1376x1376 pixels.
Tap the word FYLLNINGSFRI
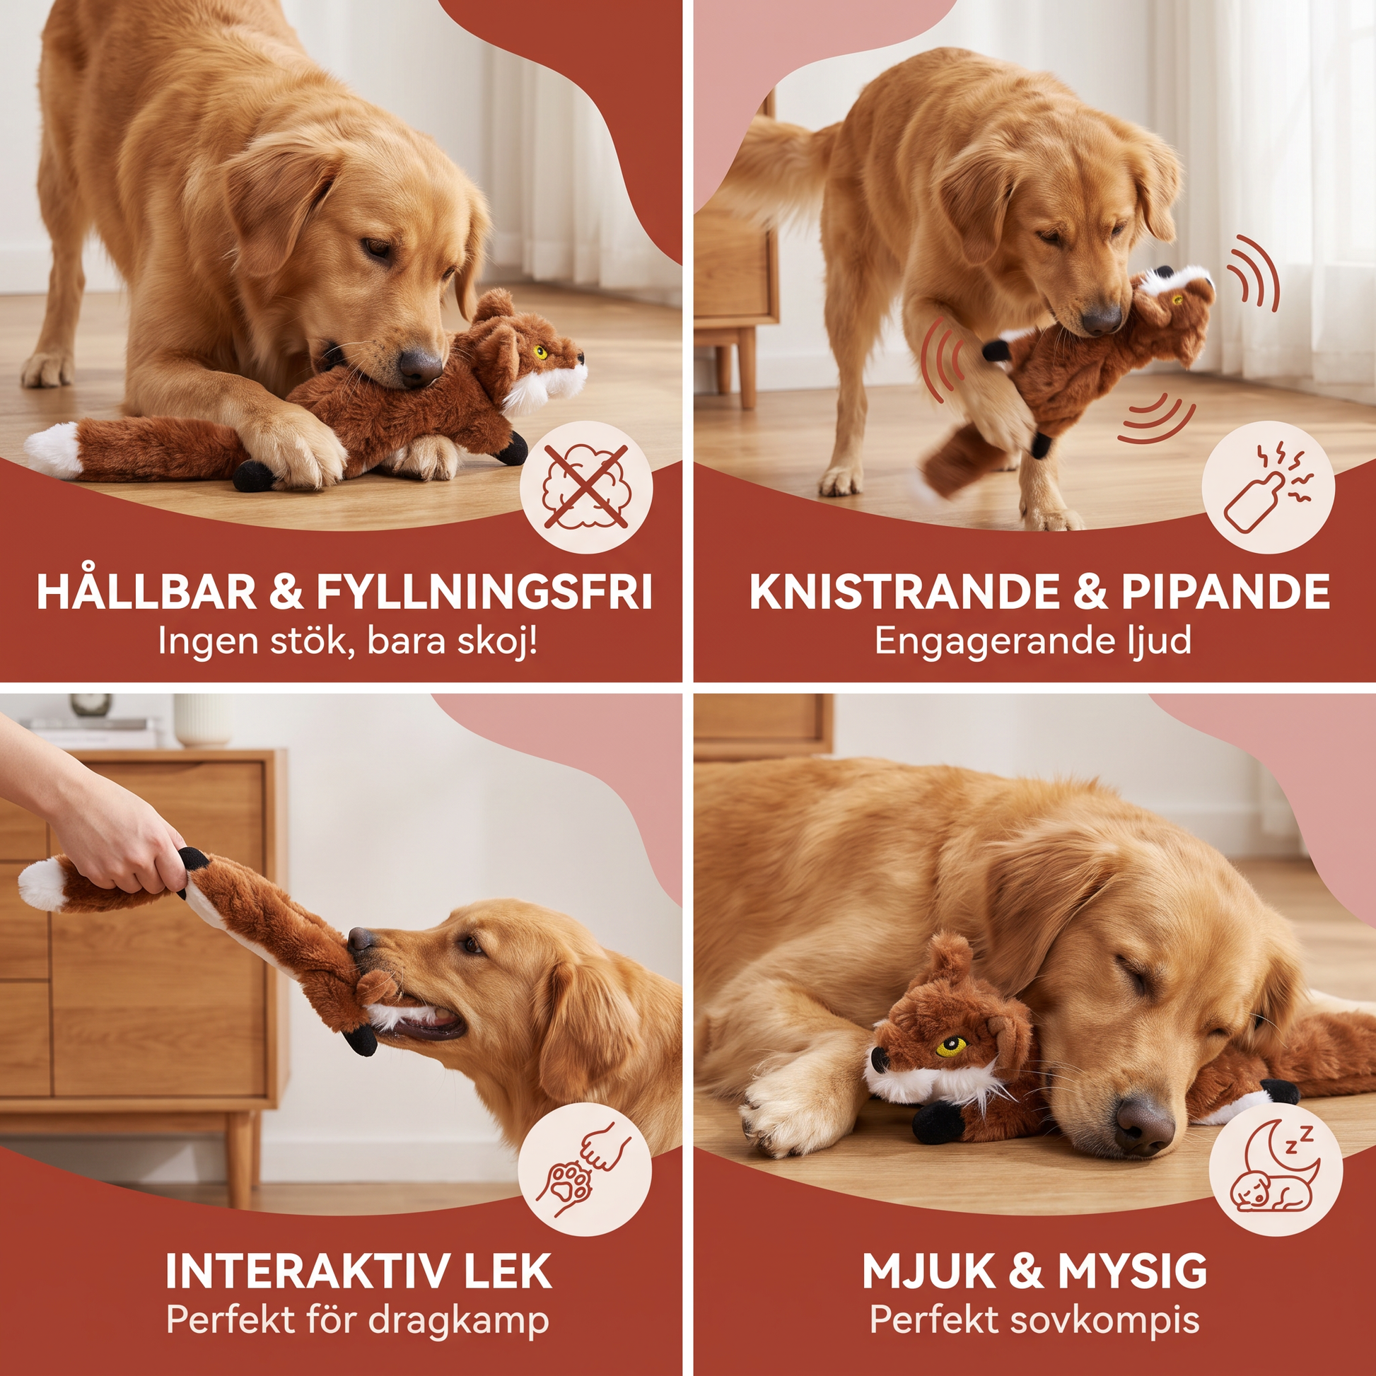pos(484,592)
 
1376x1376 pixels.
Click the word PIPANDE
pos(1225,592)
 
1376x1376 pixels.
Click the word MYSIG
pos(1133,1271)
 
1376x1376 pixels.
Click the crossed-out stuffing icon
pos(586,487)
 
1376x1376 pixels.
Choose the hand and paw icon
pos(585,1169)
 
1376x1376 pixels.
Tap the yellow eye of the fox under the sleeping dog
pos(952,1046)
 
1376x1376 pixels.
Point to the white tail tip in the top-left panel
pos(54,450)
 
